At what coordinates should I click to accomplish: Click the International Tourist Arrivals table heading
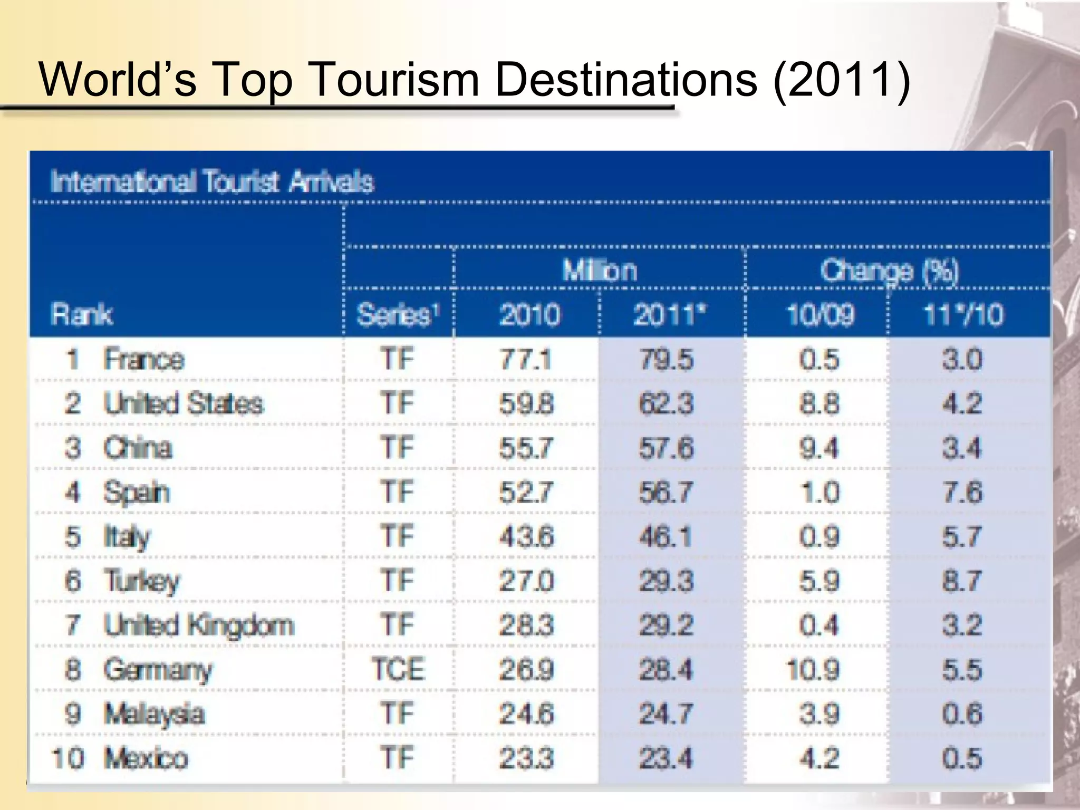point(212,182)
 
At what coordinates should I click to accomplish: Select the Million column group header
point(600,271)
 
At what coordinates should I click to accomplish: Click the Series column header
point(398,315)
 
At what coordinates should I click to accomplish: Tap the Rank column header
point(82,315)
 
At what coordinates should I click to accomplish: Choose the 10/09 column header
point(819,315)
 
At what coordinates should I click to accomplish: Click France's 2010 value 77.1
point(526,360)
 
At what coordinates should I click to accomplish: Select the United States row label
point(183,404)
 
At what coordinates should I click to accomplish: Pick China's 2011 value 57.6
point(666,448)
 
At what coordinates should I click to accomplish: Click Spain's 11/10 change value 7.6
point(962,493)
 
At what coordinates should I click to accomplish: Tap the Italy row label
point(127,537)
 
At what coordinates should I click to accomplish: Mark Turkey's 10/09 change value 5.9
point(819,581)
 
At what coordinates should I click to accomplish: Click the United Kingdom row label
point(198,625)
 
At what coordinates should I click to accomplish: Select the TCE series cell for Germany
point(398,670)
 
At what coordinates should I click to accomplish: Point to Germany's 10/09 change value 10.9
point(813,670)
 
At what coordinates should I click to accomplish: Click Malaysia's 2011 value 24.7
point(666,714)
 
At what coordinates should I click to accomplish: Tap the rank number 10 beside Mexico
point(67,758)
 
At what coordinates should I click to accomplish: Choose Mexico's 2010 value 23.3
point(526,758)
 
